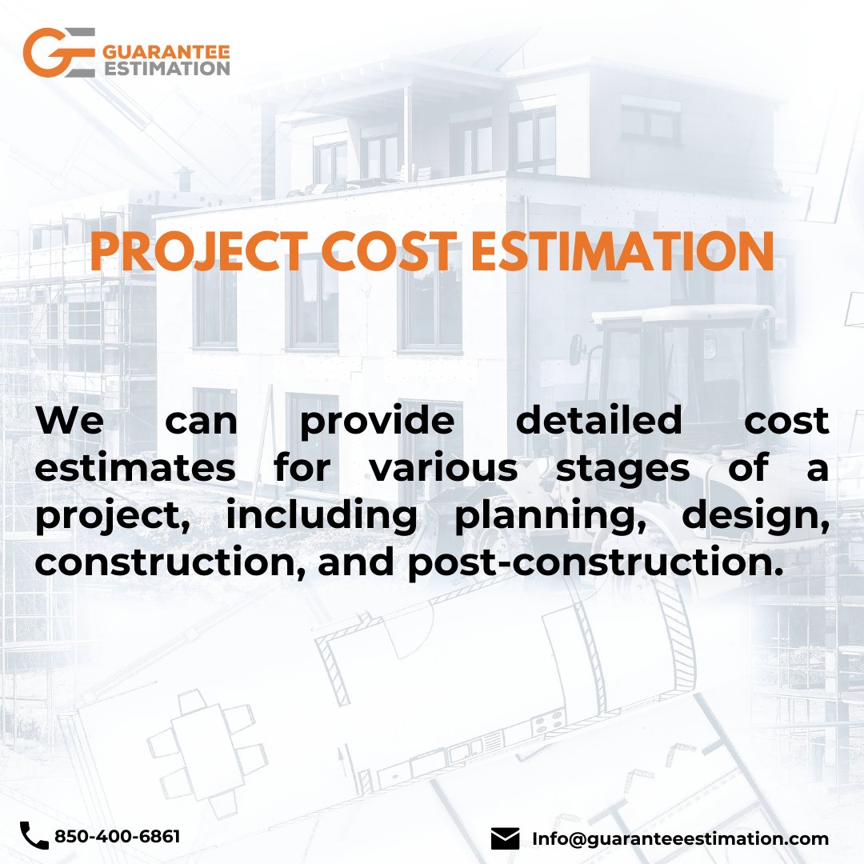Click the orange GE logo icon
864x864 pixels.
pos(59,53)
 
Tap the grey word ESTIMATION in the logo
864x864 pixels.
pos(166,69)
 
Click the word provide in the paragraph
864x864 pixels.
pos(376,422)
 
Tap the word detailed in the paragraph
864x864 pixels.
pos(599,421)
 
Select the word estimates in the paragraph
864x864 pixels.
pos(135,468)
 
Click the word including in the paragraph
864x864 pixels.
pos(321,517)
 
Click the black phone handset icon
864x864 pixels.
pos(34,836)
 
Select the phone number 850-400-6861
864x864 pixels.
pos(117,837)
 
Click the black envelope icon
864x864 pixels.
pos(505,838)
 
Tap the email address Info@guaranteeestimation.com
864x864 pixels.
pos(680,838)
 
